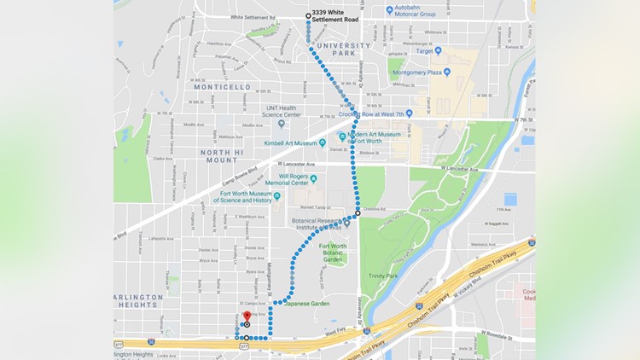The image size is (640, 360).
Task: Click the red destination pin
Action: pyautogui.click(x=247, y=316)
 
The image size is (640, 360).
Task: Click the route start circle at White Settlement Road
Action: pyautogui.click(x=309, y=15)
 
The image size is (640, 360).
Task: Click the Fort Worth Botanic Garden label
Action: pyautogui.click(x=333, y=252)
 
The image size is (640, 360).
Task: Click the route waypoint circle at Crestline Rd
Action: pyautogui.click(x=358, y=212)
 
